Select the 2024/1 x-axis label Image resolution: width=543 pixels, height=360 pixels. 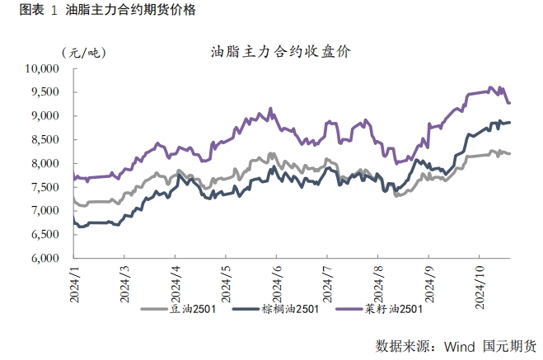pyautogui.click(x=73, y=280)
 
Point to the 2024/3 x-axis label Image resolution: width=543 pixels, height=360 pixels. pyautogui.click(x=124, y=280)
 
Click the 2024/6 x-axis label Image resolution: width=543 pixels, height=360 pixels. pyautogui.click(x=276, y=280)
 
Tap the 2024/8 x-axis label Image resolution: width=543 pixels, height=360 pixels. pyautogui.click(x=379, y=280)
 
